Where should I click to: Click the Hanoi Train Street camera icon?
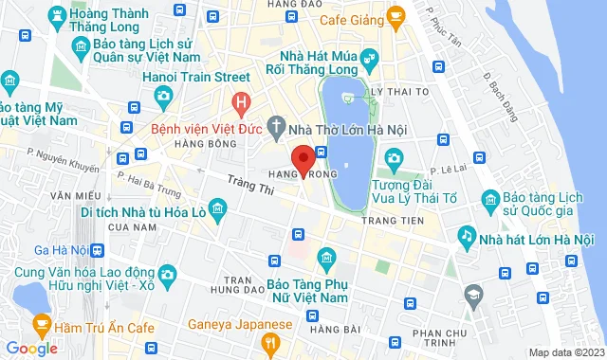click(164, 96)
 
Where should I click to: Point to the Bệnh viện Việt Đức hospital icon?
click(242, 99)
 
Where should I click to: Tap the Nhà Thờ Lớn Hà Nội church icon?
click(276, 124)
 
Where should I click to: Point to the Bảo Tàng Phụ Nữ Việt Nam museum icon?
click(326, 257)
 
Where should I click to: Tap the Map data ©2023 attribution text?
click(564, 352)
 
